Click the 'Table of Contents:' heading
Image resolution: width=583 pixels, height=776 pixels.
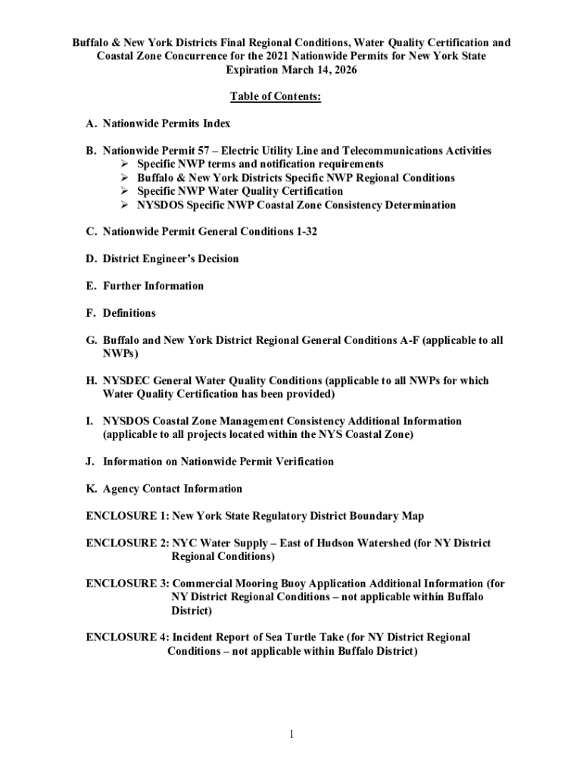pos(276,97)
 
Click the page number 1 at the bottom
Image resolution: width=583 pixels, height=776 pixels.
pos(291,734)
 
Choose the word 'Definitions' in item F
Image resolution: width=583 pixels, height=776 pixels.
pos(129,313)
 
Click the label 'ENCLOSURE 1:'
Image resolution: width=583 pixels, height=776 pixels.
pos(127,516)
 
